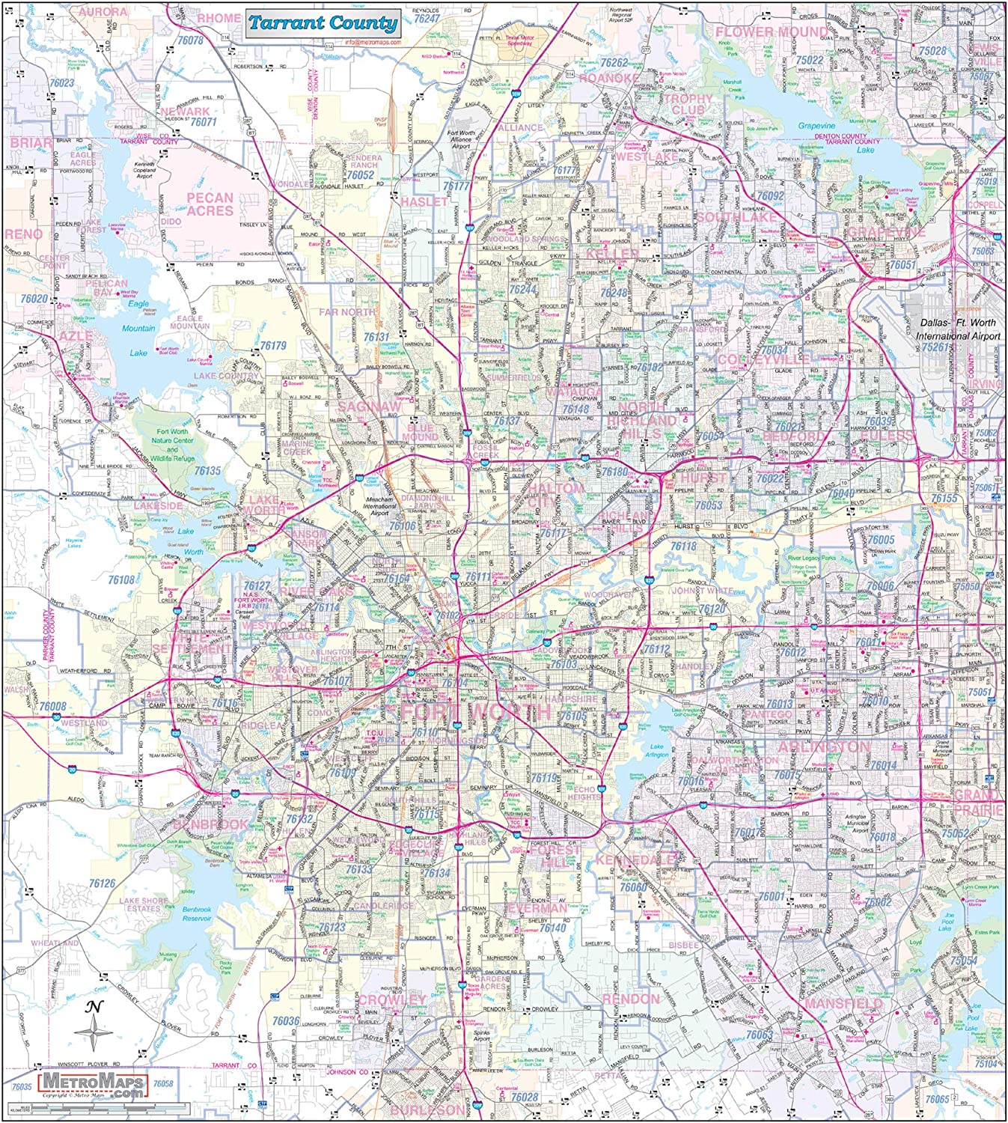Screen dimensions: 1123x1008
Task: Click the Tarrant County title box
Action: tap(323, 22)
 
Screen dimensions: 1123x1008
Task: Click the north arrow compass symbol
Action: tap(94, 1030)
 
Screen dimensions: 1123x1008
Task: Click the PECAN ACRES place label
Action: tap(210, 204)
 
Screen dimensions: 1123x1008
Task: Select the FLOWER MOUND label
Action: tap(772, 32)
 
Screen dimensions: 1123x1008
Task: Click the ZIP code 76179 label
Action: tap(273, 346)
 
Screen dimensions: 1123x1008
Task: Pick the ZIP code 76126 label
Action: tap(102, 883)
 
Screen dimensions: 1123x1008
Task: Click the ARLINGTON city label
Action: tap(824, 748)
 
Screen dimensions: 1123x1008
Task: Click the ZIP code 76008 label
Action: tap(52, 706)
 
